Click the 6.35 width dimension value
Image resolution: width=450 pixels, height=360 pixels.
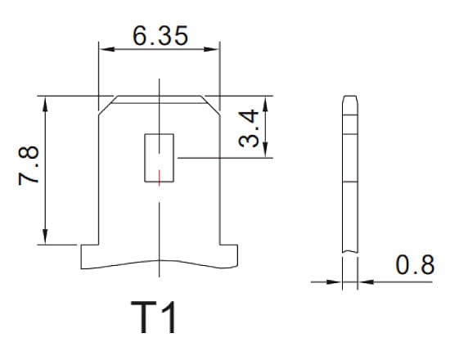(160, 35)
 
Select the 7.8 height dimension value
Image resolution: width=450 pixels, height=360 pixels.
(30, 168)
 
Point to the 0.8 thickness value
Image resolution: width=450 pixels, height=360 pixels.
(414, 265)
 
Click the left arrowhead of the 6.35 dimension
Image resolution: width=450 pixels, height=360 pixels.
(104, 50)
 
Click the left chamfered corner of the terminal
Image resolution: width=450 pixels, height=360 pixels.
(106, 103)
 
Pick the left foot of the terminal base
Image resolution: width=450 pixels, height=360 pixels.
(88, 255)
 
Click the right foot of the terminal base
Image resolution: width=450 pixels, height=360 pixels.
(229, 255)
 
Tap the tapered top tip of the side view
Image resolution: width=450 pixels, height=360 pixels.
(349, 101)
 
